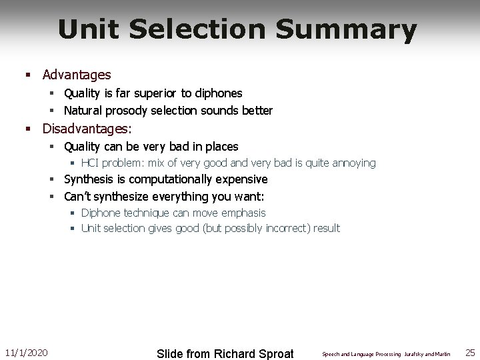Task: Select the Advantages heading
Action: click(77, 75)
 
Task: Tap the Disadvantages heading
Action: click(87, 127)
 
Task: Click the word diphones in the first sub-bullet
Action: click(215, 93)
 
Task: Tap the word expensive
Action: click(243, 179)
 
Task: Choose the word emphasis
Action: click(242, 213)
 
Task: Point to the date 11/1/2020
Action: click(26, 352)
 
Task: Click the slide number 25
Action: click(470, 352)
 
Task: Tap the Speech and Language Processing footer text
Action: click(361, 354)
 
